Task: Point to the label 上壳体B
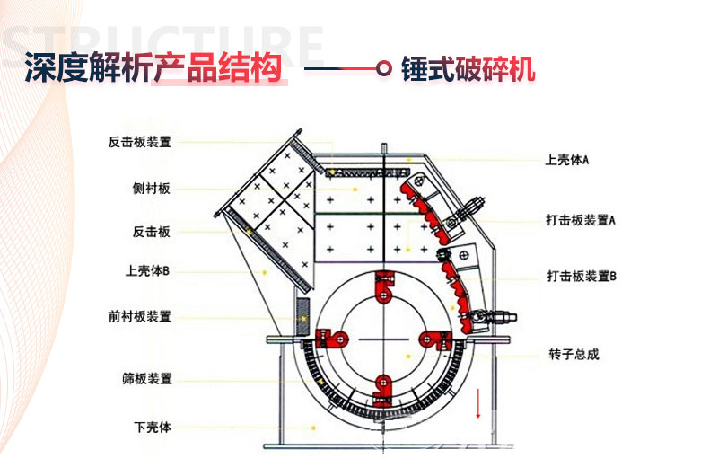point(147,270)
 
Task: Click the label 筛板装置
point(146,378)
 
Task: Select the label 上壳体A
point(566,161)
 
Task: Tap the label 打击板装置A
point(580,220)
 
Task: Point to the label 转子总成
point(574,355)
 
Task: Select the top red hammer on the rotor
point(385,285)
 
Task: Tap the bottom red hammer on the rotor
point(385,389)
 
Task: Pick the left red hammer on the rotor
point(333,339)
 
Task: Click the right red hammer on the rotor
point(435,338)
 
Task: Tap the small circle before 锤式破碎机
point(385,68)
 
